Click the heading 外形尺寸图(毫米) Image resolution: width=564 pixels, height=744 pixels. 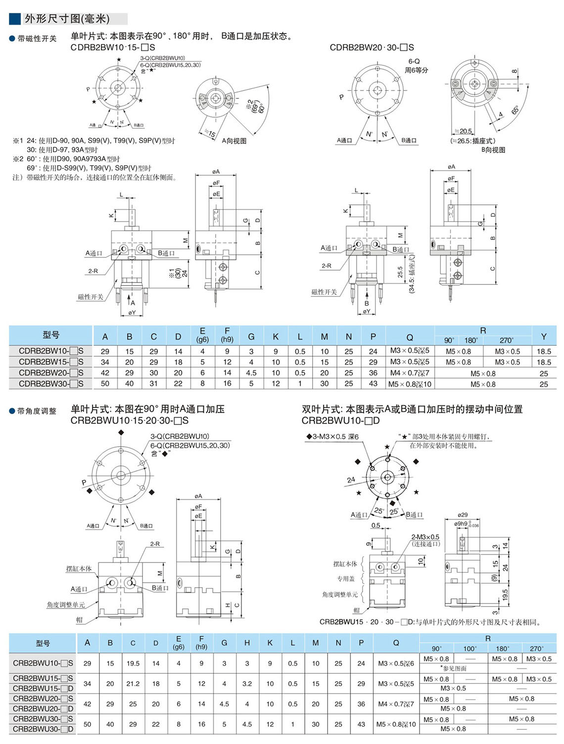click(67, 19)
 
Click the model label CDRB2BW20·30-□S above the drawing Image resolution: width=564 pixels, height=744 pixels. click(372, 47)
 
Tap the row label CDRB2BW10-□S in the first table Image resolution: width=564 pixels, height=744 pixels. click(51, 351)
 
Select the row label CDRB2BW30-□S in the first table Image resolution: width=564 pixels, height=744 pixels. click(51, 383)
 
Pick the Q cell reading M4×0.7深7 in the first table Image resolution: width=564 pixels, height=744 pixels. click(409, 372)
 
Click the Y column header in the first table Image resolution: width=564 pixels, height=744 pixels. click(543, 336)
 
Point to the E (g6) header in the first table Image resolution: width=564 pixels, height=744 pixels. click(202, 335)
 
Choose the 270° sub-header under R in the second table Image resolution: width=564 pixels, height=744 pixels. click(536, 648)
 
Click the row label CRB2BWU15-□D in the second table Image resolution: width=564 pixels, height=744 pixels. click(43, 688)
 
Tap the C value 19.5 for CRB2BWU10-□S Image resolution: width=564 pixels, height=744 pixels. click(133, 663)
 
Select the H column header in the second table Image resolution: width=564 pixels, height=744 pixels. click(247, 643)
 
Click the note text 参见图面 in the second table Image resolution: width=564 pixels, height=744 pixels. click(454, 668)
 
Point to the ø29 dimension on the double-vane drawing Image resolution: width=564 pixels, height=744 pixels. click(462, 515)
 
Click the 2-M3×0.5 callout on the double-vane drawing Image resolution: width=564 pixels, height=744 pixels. click(425, 537)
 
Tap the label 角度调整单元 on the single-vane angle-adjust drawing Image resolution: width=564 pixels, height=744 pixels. click(66, 604)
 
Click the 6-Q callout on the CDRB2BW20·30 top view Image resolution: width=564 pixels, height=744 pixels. click(414, 61)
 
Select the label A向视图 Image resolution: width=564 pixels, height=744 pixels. click(234, 141)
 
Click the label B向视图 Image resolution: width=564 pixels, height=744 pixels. click(493, 150)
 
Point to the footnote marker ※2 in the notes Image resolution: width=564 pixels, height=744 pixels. click(18, 159)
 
